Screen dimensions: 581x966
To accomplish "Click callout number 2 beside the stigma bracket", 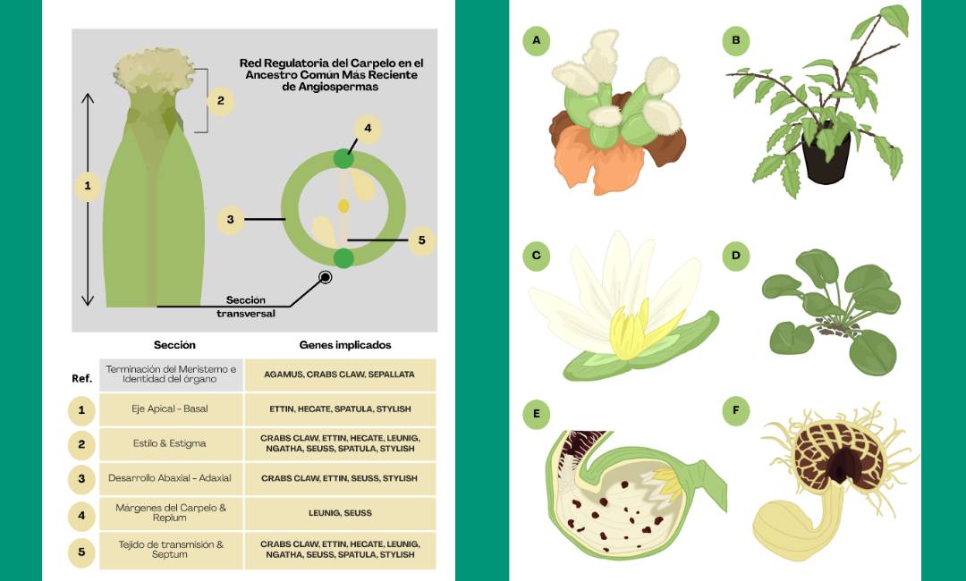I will pos(221,100).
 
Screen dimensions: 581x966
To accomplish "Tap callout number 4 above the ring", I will pos(368,129).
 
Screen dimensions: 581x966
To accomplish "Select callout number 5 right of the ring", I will pos(421,240).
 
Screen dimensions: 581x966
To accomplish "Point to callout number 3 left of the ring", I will pos(231,218).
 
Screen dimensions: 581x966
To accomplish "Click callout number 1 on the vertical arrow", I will pos(88,186).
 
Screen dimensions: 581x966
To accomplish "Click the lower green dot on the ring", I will pos(343,258).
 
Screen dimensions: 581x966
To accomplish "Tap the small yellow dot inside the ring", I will pos(343,206).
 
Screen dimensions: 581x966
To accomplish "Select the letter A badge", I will pos(536,40).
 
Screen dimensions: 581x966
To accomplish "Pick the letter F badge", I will pos(735,411).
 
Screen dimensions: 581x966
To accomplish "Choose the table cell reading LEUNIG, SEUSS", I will pos(340,513).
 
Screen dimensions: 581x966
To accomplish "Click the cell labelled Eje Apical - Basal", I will pos(170,409).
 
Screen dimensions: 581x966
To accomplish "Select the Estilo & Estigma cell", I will pos(170,443).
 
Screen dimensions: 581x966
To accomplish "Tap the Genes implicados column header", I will pos(344,345).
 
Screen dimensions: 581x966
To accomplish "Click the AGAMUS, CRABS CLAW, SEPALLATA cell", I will pos(340,375).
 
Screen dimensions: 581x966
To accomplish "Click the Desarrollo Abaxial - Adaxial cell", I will pos(170,478).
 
